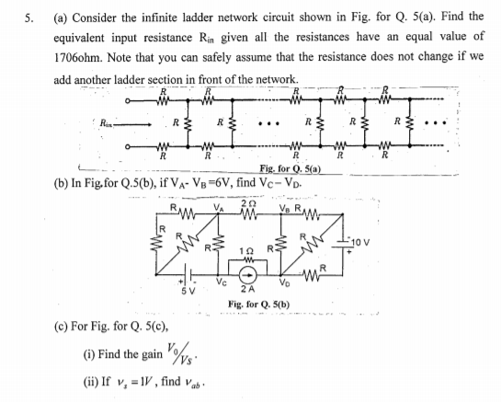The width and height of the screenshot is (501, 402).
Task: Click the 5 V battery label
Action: (x=186, y=293)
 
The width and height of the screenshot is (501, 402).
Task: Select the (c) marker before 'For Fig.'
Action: (x=61, y=325)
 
